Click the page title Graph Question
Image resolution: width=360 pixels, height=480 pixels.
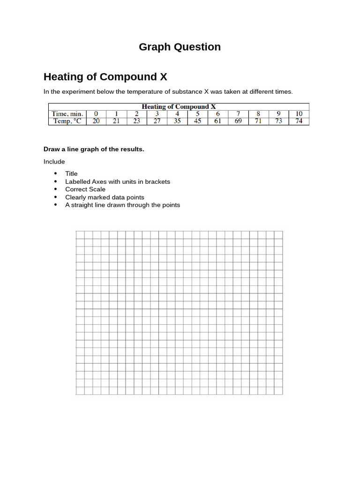click(x=180, y=47)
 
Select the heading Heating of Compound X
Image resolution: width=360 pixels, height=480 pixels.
click(x=105, y=76)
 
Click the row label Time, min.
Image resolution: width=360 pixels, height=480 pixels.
click(x=67, y=114)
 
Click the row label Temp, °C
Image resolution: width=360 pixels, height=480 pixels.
click(x=67, y=121)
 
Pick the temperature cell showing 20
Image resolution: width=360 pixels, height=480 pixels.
click(x=96, y=121)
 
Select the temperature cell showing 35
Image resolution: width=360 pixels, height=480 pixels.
click(x=177, y=121)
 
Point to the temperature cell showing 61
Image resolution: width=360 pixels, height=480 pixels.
click(x=217, y=121)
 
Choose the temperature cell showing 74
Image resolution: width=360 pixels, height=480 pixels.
click(x=299, y=121)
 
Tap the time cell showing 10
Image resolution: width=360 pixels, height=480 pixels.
click(x=299, y=114)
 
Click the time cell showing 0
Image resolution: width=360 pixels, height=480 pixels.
click(x=96, y=114)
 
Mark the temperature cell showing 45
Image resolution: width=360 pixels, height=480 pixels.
click(x=197, y=121)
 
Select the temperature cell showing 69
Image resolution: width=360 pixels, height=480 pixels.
click(x=238, y=121)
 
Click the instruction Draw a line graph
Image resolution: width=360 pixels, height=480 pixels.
click(x=94, y=149)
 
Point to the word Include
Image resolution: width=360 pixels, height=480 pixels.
click(x=54, y=162)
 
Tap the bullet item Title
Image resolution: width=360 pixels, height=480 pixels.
click(x=71, y=173)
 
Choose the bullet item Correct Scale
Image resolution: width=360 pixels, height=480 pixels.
click(x=85, y=189)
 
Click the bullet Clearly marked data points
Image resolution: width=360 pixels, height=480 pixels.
click(x=105, y=197)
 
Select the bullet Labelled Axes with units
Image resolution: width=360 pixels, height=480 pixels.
click(x=117, y=181)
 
